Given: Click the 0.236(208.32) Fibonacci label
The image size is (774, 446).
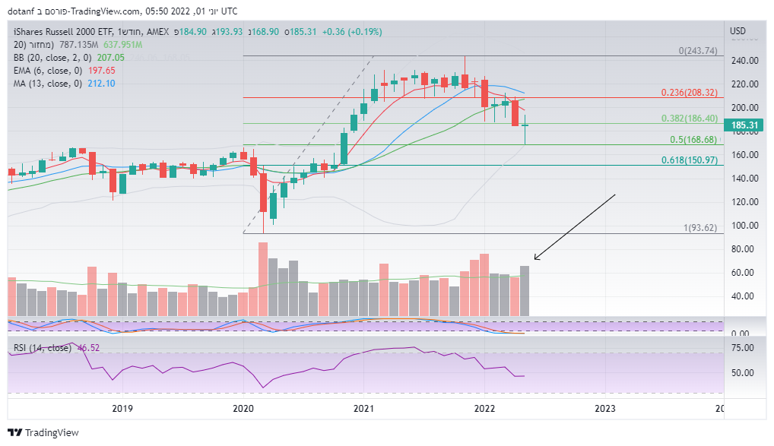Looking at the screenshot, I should pyautogui.click(x=689, y=92).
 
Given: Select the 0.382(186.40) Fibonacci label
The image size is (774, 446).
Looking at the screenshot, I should pyautogui.click(x=689, y=119).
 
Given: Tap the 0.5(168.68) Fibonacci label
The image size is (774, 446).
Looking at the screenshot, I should pyautogui.click(x=693, y=140).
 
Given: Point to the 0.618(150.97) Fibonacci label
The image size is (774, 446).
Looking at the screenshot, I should pyautogui.click(x=689, y=160).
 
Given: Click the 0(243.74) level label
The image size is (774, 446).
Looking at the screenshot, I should pyautogui.click(x=698, y=51).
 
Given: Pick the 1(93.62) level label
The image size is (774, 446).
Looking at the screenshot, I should pyautogui.click(x=700, y=228).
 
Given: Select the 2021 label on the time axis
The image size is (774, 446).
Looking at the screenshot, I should pyautogui.click(x=363, y=409).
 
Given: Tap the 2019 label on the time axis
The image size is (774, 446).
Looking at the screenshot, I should pyautogui.click(x=122, y=409).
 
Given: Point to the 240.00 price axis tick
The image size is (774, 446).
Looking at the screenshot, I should pyautogui.click(x=744, y=60).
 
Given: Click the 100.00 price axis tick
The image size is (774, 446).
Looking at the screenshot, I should pyautogui.click(x=744, y=226).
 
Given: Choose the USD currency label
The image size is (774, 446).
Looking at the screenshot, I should pyautogui.click(x=738, y=31).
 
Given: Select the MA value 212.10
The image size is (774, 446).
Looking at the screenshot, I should pyautogui.click(x=101, y=83).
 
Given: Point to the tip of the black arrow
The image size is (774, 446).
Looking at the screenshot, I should pyautogui.click(x=535, y=260).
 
